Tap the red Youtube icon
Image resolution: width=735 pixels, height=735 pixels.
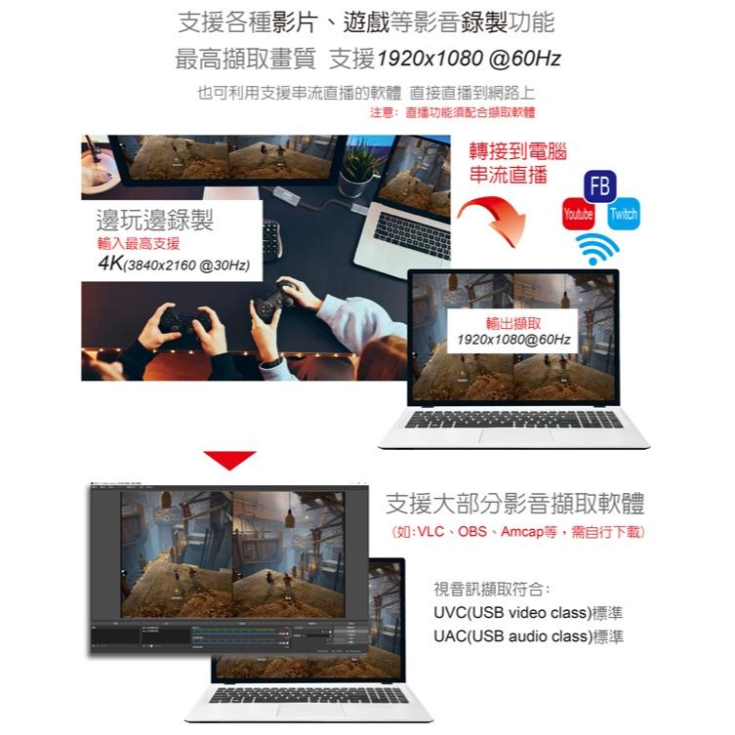click(578, 215)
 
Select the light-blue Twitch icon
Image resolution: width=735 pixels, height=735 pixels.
click(623, 215)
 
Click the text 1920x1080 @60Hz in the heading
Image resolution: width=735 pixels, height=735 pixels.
click(468, 60)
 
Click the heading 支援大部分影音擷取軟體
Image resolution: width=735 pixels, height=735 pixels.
click(514, 504)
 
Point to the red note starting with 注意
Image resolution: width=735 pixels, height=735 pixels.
click(453, 113)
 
